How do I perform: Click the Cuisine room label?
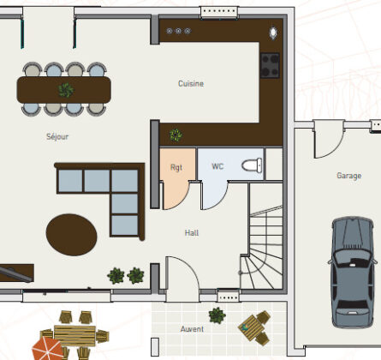(191, 84)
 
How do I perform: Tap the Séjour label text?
(57, 136)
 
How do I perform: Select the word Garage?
(348, 176)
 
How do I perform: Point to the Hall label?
(192, 233)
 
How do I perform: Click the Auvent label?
(192, 329)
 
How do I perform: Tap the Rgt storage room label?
(176, 167)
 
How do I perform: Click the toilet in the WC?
(252, 165)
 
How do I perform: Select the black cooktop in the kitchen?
(270, 65)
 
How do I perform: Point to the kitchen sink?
(273, 33)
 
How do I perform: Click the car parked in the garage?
(353, 272)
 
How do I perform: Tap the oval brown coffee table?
(71, 235)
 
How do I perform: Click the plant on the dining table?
(66, 90)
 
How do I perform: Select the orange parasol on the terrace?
(46, 349)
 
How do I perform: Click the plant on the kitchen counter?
(176, 135)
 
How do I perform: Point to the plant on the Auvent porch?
(217, 315)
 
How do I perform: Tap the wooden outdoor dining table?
(74, 336)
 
